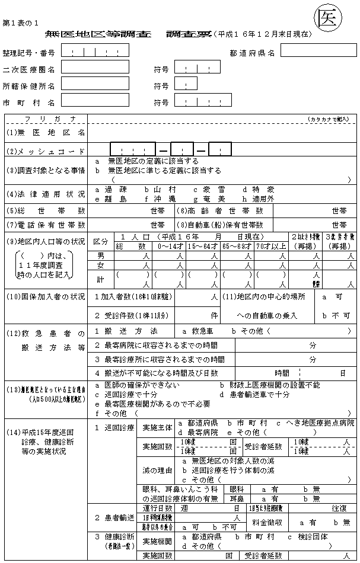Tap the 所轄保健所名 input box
pyautogui.click(x=95, y=84)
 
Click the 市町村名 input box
pyautogui.click(x=95, y=101)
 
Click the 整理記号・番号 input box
pyautogui.click(x=95, y=50)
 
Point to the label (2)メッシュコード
pyautogui.click(x=46, y=151)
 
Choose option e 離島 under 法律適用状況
pyautogui.click(x=111, y=199)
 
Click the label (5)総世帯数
pyautogui.click(x=46, y=210)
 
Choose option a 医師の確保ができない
pyautogui.click(x=141, y=385)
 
